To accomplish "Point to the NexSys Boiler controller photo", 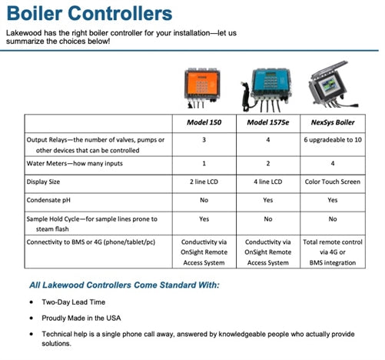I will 336,86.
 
